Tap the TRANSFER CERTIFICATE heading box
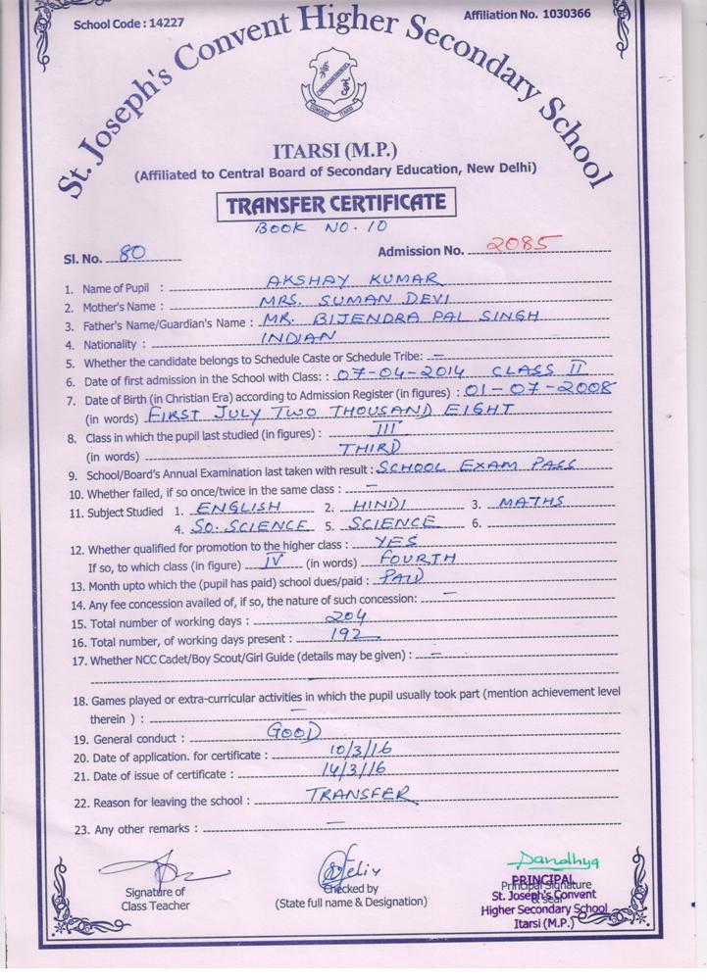[337, 205]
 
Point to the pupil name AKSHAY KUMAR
[335, 280]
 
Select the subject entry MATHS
[530, 503]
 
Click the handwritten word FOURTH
[417, 559]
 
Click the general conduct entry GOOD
[293, 731]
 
